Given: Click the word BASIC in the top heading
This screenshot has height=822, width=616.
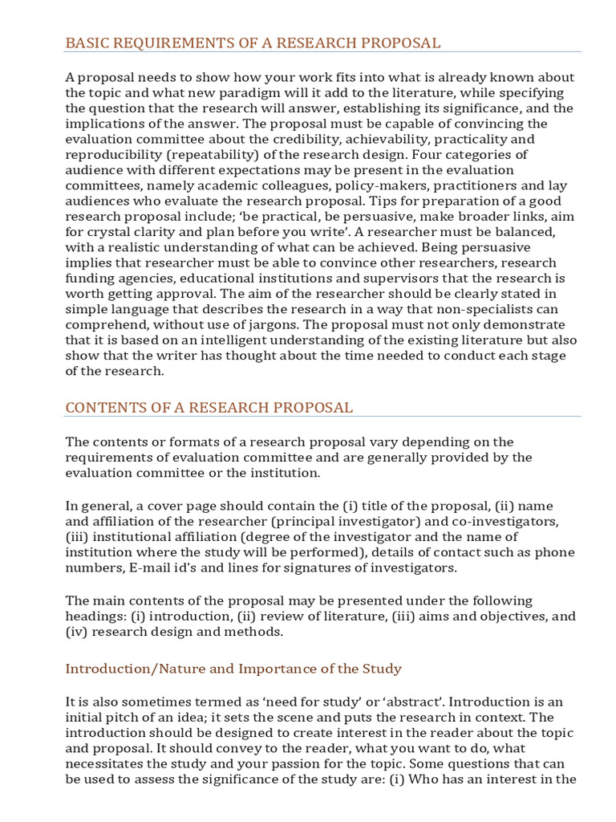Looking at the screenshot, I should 86,43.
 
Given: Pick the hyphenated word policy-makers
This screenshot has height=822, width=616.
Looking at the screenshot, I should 348,185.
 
